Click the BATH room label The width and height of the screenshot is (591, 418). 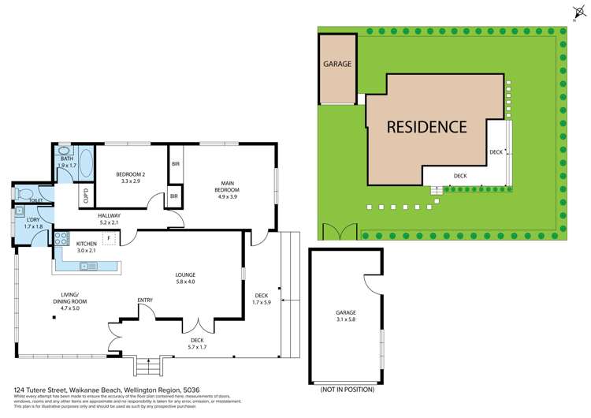click(x=65, y=159)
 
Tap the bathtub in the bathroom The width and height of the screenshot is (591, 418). click(x=87, y=168)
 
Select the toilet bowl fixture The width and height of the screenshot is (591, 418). click(x=24, y=193)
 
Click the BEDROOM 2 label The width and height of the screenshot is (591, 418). click(x=128, y=177)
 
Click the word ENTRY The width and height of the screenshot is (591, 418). click(x=145, y=300)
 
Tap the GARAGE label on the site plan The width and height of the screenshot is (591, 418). click(x=336, y=64)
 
